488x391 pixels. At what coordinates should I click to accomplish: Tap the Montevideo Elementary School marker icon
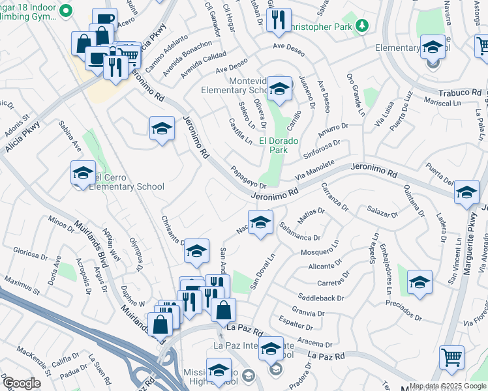[279, 89]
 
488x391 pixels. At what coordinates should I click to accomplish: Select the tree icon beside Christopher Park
[360, 26]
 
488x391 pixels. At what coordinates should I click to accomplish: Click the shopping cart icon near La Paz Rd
[451, 357]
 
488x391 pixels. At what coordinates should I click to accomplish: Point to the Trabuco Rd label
[459, 92]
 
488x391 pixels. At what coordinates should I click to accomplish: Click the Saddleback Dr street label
[321, 298]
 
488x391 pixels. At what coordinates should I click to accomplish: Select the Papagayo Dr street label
[248, 177]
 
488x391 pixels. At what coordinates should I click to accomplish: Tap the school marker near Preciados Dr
[420, 281]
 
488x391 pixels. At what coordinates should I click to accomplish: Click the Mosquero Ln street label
[320, 251]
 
